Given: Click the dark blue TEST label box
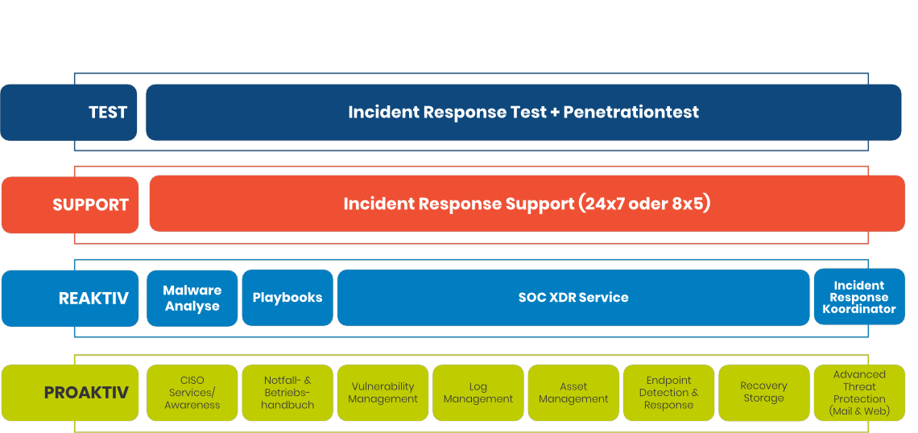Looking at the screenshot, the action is pos(68,113).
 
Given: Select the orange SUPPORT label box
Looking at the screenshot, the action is pos(70,204).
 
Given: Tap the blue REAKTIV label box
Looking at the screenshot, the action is pos(70,299).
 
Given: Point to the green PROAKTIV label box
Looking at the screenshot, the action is pos(70,393).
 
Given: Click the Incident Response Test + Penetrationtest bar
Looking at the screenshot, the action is pos(523,113).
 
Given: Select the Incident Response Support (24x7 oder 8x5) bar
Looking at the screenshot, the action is pos(527,204).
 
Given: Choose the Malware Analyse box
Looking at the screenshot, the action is pos(192,298).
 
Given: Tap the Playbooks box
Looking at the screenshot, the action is pos(287,298).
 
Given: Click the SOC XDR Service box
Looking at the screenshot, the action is pos(573,298).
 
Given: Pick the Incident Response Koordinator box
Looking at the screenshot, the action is pos(859,297).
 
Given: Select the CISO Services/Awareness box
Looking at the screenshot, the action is pos(192,393).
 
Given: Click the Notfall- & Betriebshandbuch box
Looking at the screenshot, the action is pos(287,393).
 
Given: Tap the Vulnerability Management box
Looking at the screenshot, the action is pos(382,393).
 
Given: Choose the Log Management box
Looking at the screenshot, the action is pos(478,393).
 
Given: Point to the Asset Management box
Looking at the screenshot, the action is pos(573,393).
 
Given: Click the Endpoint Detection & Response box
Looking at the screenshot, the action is pos(668,393).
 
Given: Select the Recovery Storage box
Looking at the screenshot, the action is pos(764,393).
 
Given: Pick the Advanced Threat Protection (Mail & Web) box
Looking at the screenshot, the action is pos(859,393).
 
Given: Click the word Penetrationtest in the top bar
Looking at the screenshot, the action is pos(631,112).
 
